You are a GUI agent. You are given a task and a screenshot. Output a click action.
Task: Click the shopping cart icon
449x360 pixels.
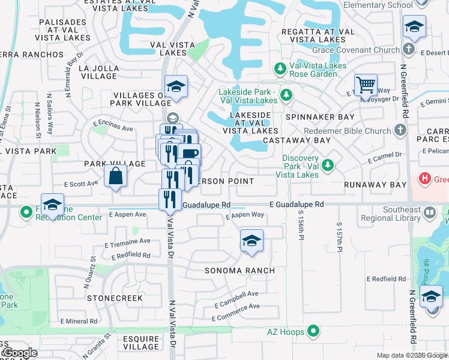[366, 85]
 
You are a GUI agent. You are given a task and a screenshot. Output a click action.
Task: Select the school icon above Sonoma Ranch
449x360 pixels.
[251, 241]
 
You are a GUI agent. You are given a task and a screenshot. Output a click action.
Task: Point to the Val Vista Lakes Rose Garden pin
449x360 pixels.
[280, 70]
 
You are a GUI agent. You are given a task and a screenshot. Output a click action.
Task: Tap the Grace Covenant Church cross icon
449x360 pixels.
[409, 49]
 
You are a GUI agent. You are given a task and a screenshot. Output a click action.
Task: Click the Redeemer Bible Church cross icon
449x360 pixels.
[400, 130]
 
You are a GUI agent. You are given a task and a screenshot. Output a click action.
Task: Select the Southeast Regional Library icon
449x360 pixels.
[430, 212]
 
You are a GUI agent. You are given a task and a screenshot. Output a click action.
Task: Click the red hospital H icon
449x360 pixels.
[425, 179]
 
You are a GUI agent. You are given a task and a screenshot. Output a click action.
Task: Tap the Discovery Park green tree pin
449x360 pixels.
[328, 164]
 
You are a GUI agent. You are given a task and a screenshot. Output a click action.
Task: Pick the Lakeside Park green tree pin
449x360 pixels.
[286, 95]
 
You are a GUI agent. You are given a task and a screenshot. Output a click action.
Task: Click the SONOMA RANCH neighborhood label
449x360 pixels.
[240, 271]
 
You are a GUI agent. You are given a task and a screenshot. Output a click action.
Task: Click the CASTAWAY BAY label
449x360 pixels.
[305, 140]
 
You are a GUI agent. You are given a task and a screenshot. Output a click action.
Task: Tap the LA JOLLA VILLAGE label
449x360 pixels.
[98, 72]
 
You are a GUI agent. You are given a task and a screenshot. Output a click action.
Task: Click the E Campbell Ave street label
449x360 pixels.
[236, 294]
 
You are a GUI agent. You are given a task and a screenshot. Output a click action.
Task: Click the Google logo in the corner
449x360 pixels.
[19, 353]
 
